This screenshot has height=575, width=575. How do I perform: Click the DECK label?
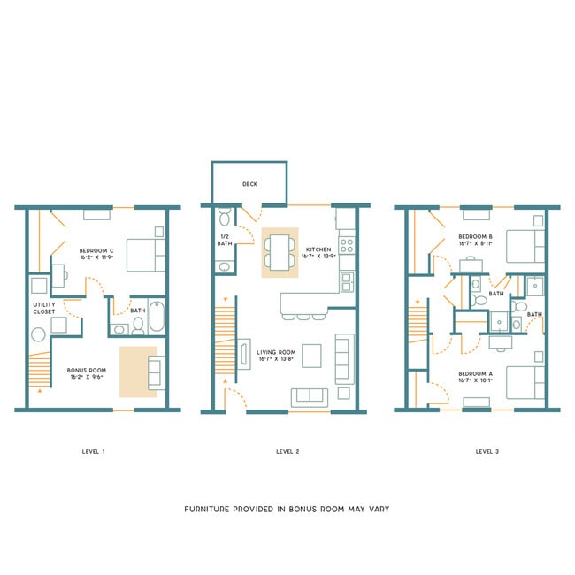pos(249,185)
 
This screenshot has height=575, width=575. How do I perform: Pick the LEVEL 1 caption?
pos(93,451)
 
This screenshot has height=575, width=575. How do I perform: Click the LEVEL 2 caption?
pos(287,451)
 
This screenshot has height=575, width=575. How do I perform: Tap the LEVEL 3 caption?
pos(487,451)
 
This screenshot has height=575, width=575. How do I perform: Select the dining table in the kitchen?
pos(280,252)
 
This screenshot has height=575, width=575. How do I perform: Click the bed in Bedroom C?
pos(146,255)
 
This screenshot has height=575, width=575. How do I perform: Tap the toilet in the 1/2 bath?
pos(224,217)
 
